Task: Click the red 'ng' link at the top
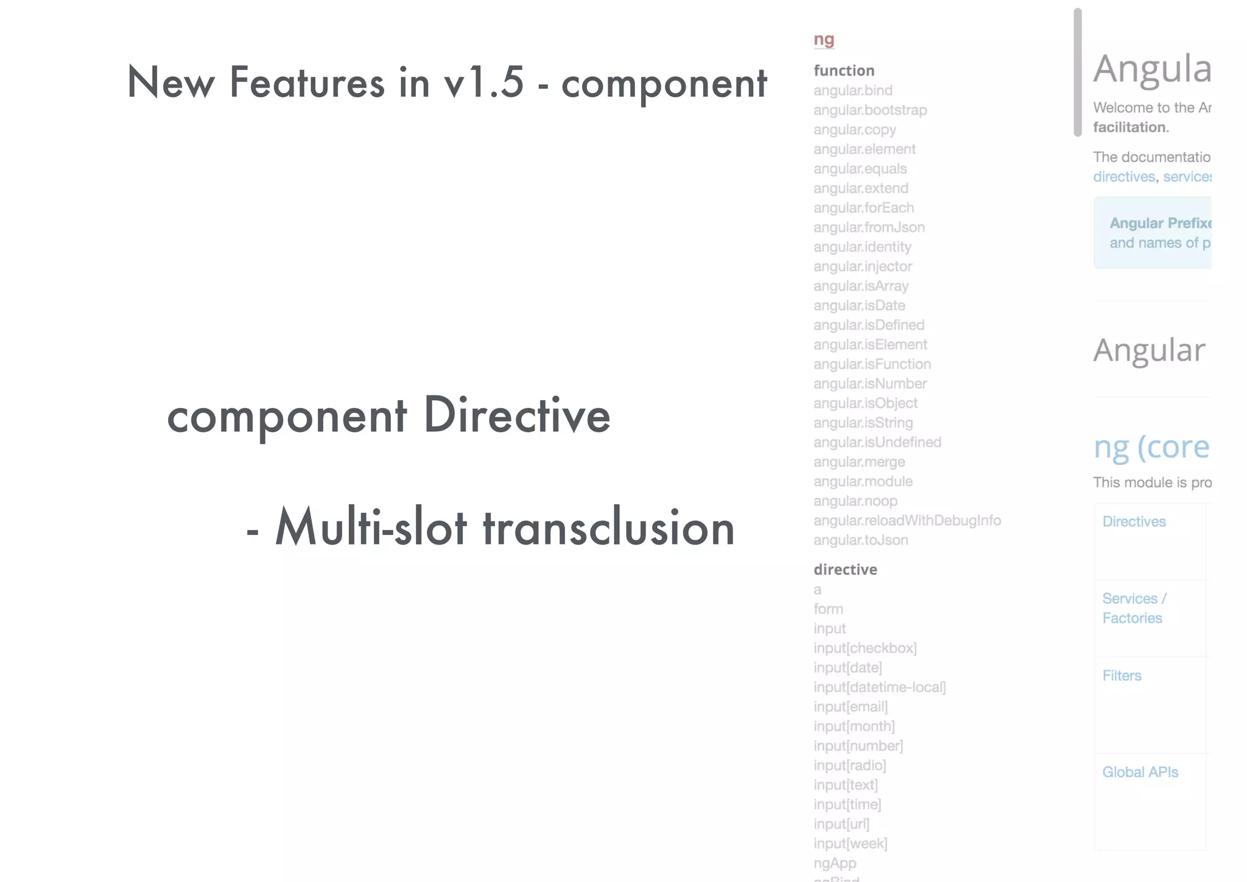[x=824, y=40]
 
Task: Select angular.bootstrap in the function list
[x=870, y=110]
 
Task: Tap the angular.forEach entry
[x=863, y=208]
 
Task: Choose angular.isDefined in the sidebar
[x=869, y=325]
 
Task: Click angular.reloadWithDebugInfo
[x=907, y=521]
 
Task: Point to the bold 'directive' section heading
[x=845, y=570]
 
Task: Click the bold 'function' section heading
[x=844, y=71]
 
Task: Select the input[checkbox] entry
[x=865, y=648]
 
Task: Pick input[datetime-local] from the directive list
[x=879, y=687]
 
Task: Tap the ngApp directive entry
[x=835, y=863]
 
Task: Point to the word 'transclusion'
[x=609, y=527]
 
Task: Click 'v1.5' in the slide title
[x=484, y=82]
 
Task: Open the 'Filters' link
[x=1122, y=676]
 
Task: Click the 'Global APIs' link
[x=1140, y=772]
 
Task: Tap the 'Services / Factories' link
[x=1133, y=609]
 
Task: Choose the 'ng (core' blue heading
[x=1151, y=447]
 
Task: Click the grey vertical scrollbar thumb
[x=1077, y=73]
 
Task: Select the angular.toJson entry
[x=860, y=540]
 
